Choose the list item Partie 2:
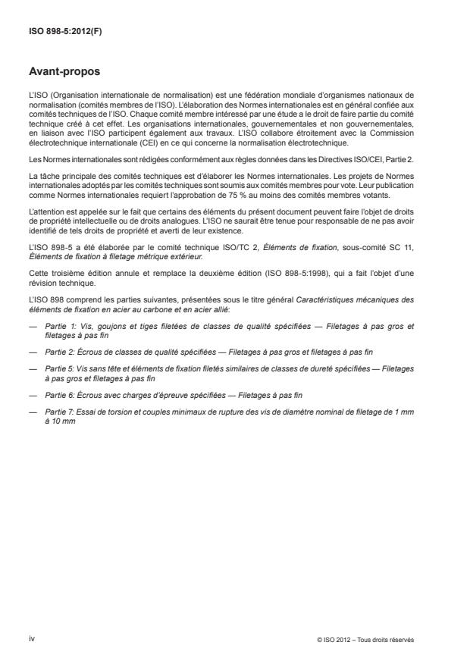(x=60, y=352)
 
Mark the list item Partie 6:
(x=60, y=396)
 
